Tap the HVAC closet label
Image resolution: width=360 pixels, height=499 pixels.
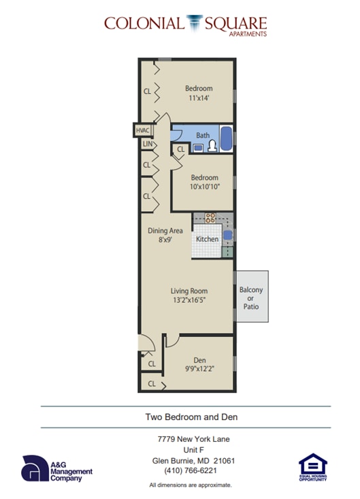[x=143, y=130]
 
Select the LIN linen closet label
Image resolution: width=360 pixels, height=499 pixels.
[x=146, y=144]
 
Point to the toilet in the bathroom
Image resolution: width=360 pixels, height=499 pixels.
[x=212, y=145]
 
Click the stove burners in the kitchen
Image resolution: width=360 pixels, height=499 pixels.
[x=210, y=219]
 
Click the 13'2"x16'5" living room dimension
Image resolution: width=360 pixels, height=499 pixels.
[x=189, y=300]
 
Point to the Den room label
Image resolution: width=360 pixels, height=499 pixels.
[x=199, y=360]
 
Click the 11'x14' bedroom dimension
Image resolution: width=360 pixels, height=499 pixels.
[x=199, y=98]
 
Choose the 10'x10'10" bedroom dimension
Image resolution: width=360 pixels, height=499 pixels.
[x=204, y=187]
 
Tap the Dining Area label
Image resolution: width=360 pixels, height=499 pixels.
[x=165, y=230]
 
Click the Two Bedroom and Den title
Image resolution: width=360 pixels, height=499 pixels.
[x=191, y=417]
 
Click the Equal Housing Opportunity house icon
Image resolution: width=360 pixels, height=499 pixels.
[x=312, y=465]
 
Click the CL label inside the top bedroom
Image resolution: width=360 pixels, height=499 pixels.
[x=147, y=91]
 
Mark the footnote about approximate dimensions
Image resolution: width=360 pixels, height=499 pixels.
[x=191, y=485]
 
